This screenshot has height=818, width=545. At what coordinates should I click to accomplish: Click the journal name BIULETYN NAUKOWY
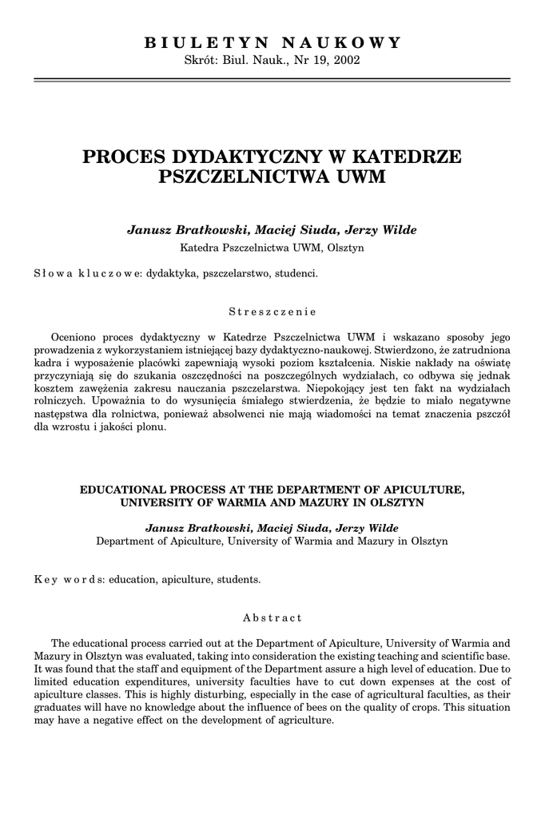coord(272,42)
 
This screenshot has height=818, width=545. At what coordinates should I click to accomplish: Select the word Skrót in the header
coord(201,61)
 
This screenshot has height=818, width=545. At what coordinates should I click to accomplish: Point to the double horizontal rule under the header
coord(272,80)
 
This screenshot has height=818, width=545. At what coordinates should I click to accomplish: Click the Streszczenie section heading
coord(272,311)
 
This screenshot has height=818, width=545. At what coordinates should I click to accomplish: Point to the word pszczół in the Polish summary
coord(491,413)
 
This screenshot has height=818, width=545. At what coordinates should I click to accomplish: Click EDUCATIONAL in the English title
coord(127,489)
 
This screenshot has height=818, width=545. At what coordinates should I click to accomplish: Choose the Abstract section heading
coord(272,617)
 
